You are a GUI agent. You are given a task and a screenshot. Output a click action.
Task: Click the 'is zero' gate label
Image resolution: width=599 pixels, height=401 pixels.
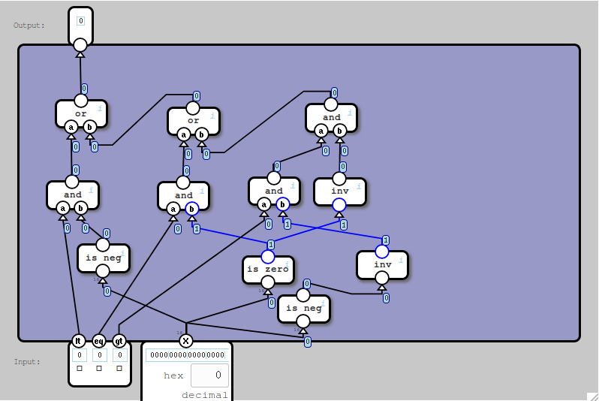[x=268, y=270]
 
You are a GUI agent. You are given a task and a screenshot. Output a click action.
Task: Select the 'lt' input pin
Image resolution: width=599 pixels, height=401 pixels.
[x=77, y=340]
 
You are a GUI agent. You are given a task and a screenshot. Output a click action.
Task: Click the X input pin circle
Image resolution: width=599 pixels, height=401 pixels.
[x=186, y=340]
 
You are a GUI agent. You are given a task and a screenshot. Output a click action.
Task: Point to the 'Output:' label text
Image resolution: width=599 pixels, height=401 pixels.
[x=29, y=26]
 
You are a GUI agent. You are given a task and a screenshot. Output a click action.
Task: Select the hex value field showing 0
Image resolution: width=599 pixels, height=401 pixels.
[x=209, y=375]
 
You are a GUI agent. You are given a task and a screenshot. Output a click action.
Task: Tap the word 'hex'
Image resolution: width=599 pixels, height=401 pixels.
[x=173, y=375]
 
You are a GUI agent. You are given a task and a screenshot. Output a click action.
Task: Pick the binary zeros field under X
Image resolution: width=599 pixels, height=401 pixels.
[x=186, y=355]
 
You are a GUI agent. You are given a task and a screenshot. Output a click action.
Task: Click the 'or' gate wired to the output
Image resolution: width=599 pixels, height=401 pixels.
[x=81, y=114]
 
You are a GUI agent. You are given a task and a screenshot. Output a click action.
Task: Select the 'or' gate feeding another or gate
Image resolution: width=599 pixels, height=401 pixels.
[x=193, y=121]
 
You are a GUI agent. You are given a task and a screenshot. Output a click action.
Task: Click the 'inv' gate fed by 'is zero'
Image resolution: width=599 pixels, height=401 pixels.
[x=339, y=191]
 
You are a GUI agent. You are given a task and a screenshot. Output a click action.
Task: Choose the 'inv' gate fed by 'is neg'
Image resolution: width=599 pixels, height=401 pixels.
[x=382, y=264]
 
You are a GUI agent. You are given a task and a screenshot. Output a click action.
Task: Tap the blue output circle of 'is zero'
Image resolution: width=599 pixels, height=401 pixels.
[x=268, y=256]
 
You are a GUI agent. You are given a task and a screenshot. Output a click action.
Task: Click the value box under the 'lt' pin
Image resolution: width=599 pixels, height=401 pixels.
[x=78, y=354]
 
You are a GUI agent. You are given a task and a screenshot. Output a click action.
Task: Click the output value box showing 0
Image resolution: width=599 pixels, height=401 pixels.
[x=80, y=20]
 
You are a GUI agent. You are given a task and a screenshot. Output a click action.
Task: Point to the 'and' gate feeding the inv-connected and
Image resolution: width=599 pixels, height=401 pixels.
[x=274, y=191]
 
